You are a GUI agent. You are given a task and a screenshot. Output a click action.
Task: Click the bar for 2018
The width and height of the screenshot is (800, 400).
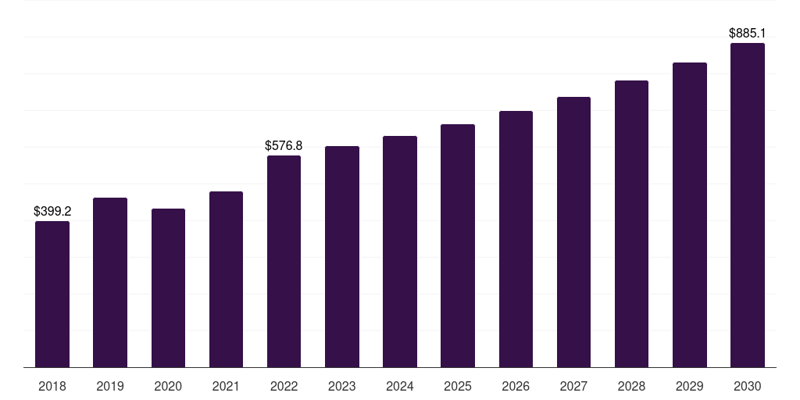click(x=52, y=294)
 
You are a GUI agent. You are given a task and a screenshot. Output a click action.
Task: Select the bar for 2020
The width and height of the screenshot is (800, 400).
click(x=169, y=287)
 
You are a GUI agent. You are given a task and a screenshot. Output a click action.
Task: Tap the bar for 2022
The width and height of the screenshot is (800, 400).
click(x=284, y=261)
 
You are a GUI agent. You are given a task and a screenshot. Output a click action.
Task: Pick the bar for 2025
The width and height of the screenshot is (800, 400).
click(x=458, y=245)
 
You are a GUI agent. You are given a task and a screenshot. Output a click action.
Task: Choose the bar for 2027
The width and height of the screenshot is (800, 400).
click(x=573, y=232)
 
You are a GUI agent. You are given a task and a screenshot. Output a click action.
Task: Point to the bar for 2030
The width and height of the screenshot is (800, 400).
click(x=748, y=205)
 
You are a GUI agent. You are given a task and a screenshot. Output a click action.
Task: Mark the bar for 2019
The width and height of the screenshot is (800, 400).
click(x=110, y=282)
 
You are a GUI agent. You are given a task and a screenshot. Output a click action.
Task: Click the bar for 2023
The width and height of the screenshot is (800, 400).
click(x=342, y=256)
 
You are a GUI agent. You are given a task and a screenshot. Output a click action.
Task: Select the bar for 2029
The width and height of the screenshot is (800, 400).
click(x=690, y=215)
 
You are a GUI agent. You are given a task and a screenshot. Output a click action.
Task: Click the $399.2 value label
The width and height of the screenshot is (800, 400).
click(x=52, y=211)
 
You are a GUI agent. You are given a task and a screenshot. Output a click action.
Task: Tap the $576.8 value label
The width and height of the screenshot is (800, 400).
click(x=284, y=146)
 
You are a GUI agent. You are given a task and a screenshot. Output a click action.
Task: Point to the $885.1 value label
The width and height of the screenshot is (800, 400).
click(x=748, y=33)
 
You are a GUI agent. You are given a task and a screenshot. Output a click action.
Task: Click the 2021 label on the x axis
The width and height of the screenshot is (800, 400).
click(x=226, y=386)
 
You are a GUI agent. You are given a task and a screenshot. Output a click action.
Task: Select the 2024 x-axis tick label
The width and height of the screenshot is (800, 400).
click(x=400, y=386)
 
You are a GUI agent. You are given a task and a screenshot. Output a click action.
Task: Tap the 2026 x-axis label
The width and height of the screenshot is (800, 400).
click(x=516, y=386)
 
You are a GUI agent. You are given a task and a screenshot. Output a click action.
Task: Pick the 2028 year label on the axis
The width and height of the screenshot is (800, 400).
click(x=631, y=386)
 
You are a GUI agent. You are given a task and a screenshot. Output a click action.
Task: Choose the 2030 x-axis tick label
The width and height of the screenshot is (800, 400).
click(x=748, y=386)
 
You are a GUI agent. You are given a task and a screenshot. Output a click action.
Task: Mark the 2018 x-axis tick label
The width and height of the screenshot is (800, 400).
click(x=52, y=386)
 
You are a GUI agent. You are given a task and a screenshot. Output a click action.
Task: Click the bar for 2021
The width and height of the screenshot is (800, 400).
click(x=226, y=279)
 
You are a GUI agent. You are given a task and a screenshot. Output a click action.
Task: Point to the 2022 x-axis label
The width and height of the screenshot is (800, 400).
click(x=284, y=386)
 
